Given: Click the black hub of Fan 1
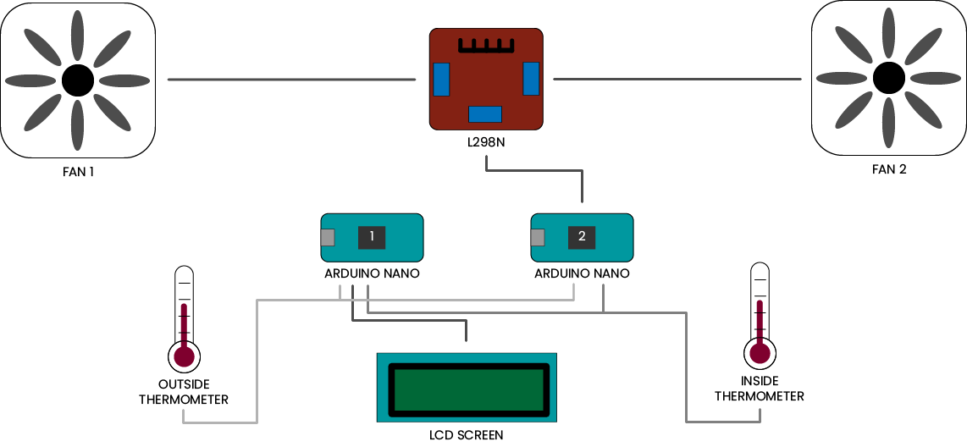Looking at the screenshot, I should tap(77, 80).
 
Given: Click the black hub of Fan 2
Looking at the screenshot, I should tap(888, 78).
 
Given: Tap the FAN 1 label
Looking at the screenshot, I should tap(77, 172).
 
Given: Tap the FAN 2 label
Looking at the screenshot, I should tap(889, 169).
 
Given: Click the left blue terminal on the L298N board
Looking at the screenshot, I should tap(440, 80).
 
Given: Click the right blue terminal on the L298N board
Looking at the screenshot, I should tap(531, 79).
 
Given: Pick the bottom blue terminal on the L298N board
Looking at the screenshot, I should tap(485, 114).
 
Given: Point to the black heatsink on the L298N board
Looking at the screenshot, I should tap(485, 46).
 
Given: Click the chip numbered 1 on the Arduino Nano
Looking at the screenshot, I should tap(371, 237).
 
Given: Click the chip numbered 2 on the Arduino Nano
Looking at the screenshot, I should tap(582, 237).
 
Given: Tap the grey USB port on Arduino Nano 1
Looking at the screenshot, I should tap(328, 238).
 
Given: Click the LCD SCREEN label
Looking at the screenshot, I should tap(467, 435).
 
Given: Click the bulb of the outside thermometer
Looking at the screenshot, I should tap(184, 356).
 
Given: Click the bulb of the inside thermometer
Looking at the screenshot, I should tap(760, 351).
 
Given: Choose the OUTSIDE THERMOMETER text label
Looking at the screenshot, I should tap(184, 392).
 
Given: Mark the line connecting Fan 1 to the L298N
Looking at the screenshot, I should tap(292, 80).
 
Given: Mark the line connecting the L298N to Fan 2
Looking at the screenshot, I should tap(677, 80).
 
